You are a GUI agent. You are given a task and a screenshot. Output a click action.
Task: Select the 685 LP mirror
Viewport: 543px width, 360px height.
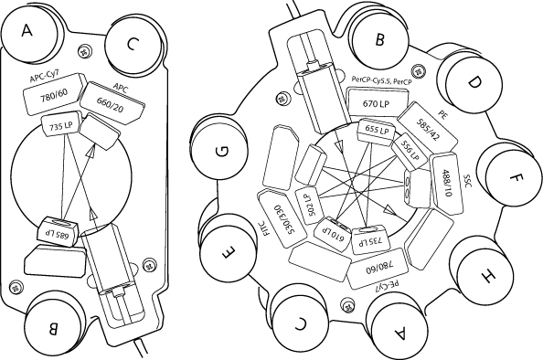click(x=58, y=231)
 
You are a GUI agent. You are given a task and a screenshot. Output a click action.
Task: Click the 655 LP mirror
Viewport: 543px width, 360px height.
click(x=377, y=130)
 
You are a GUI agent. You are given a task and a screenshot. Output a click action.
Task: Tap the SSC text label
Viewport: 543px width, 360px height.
click(x=467, y=181)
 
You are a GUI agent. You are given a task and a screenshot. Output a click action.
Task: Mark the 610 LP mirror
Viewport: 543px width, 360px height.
click(x=332, y=232)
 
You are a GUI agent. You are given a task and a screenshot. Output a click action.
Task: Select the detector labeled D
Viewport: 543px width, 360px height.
click(x=473, y=84)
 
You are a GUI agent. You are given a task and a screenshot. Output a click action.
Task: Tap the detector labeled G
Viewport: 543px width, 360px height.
click(x=221, y=152)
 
